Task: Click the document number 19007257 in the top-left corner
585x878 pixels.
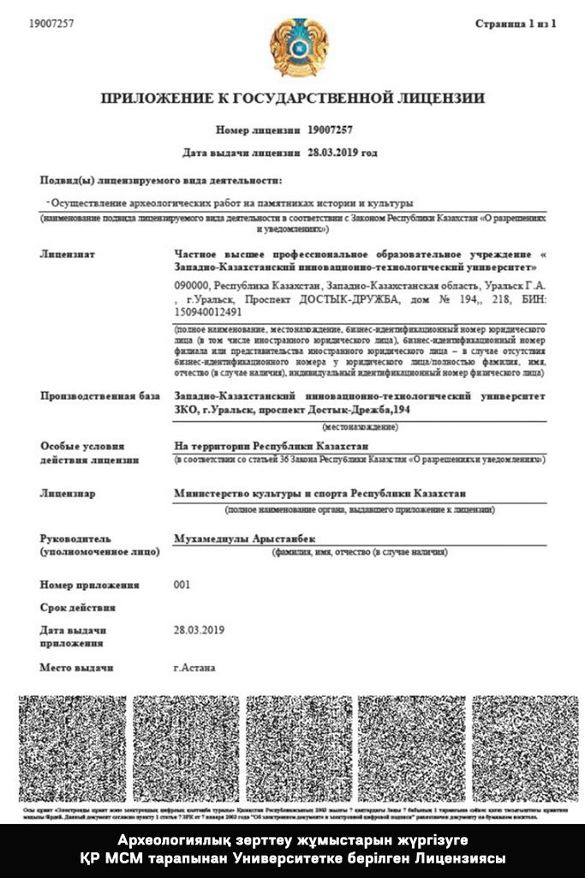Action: pos(51,24)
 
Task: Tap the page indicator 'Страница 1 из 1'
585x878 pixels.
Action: pos(516,24)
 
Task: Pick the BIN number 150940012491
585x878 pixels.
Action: pos(208,312)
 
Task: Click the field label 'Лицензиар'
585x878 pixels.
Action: pos(68,494)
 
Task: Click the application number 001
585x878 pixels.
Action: pos(182,585)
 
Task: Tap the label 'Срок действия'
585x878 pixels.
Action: pos(77,607)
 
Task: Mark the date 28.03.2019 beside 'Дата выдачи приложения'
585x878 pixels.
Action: pos(199,629)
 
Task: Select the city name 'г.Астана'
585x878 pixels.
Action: pos(194,667)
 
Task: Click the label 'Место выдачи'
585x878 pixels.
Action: pos(76,667)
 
